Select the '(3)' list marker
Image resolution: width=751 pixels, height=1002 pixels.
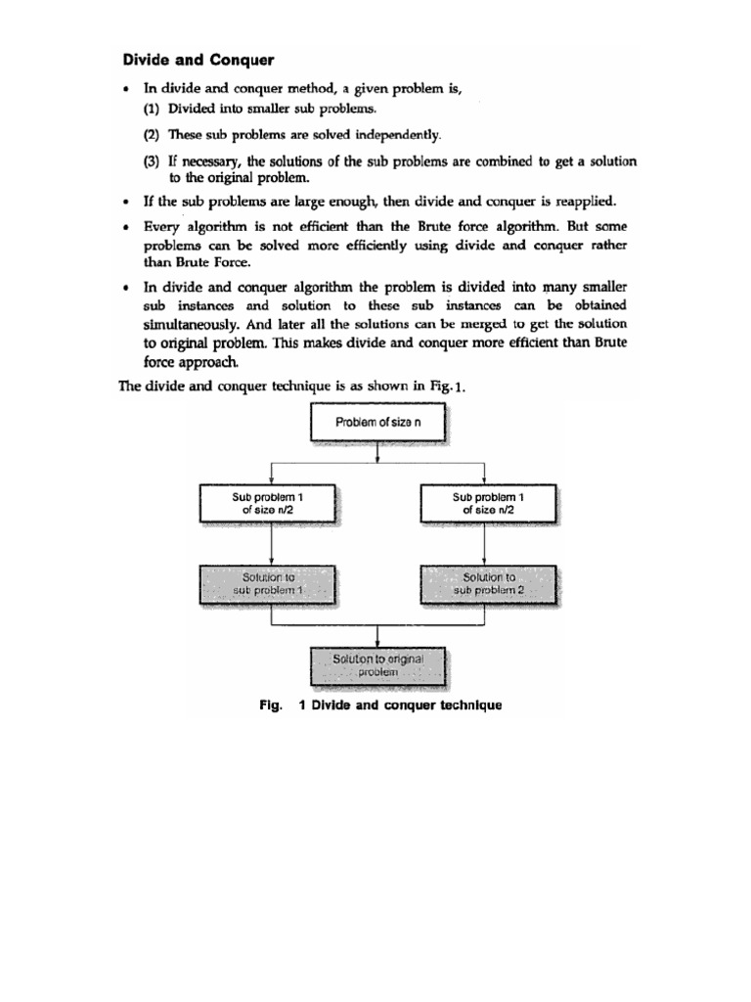point(153,160)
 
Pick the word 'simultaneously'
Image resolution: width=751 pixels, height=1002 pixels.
point(190,324)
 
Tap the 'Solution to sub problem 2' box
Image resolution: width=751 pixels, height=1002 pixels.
point(488,584)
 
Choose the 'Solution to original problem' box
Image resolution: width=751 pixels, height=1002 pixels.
point(376,666)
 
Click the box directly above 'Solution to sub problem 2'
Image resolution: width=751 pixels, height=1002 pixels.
point(488,503)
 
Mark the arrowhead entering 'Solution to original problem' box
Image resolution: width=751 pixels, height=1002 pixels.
point(376,643)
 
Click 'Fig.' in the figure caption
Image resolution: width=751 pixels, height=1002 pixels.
point(271,706)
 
